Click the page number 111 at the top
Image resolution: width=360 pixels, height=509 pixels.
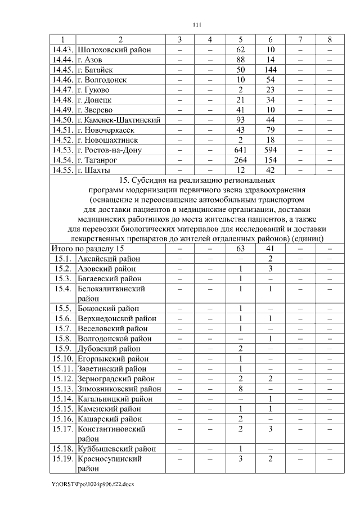tap(196, 24)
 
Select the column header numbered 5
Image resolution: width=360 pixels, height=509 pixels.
tap(240, 39)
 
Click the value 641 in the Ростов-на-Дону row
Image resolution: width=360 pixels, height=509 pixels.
tap(240, 150)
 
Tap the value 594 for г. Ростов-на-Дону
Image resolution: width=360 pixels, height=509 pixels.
tap(271, 150)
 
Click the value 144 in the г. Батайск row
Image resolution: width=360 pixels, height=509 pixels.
tap(271, 70)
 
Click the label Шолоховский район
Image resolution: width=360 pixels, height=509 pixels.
tap(114, 49)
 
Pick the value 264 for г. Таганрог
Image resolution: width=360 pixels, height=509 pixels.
tap(240, 160)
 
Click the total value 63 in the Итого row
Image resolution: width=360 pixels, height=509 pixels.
tap(240, 249)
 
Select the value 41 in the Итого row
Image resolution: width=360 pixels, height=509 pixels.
tap(271, 249)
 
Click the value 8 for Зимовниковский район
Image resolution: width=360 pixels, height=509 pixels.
tap(240, 389)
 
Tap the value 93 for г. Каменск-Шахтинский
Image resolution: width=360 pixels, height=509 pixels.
tap(240, 120)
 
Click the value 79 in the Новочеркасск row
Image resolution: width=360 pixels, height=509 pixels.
tap(271, 130)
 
